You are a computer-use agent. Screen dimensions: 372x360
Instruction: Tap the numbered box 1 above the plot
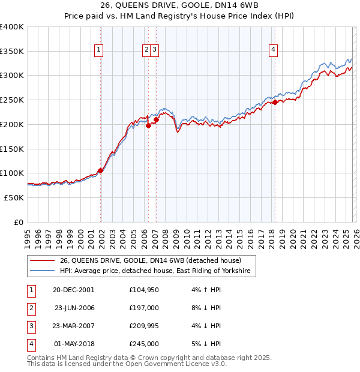[98, 50]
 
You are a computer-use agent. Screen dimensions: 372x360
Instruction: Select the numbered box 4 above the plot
[273, 50]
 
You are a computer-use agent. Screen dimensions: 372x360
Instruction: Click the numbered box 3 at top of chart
[155, 50]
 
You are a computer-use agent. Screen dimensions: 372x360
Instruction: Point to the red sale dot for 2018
[275, 103]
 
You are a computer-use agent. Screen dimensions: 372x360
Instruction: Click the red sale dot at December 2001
[101, 170]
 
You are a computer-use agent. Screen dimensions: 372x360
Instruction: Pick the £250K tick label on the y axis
[12, 100]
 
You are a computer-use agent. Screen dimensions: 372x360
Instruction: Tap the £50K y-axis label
[14, 197]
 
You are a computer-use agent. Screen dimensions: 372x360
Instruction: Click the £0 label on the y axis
[19, 222]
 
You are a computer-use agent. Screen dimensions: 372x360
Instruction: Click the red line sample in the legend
[42, 260]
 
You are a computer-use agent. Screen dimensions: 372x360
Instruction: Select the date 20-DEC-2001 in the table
[73, 290]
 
